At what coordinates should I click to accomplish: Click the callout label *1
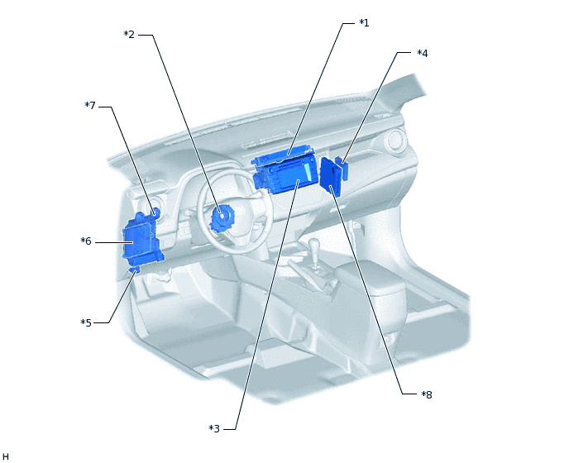[364, 22]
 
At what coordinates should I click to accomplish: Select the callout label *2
[129, 34]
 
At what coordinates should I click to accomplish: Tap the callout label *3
[214, 428]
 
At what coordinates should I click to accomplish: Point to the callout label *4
[422, 53]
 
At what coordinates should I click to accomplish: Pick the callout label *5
[86, 322]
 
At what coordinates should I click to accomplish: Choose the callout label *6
[86, 241]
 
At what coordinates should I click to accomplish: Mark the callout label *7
[90, 105]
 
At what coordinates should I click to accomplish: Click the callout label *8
[427, 394]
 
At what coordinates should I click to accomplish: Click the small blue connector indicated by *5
[134, 269]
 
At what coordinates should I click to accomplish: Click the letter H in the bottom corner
[6, 456]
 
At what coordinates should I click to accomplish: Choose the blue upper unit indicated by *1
[281, 156]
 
